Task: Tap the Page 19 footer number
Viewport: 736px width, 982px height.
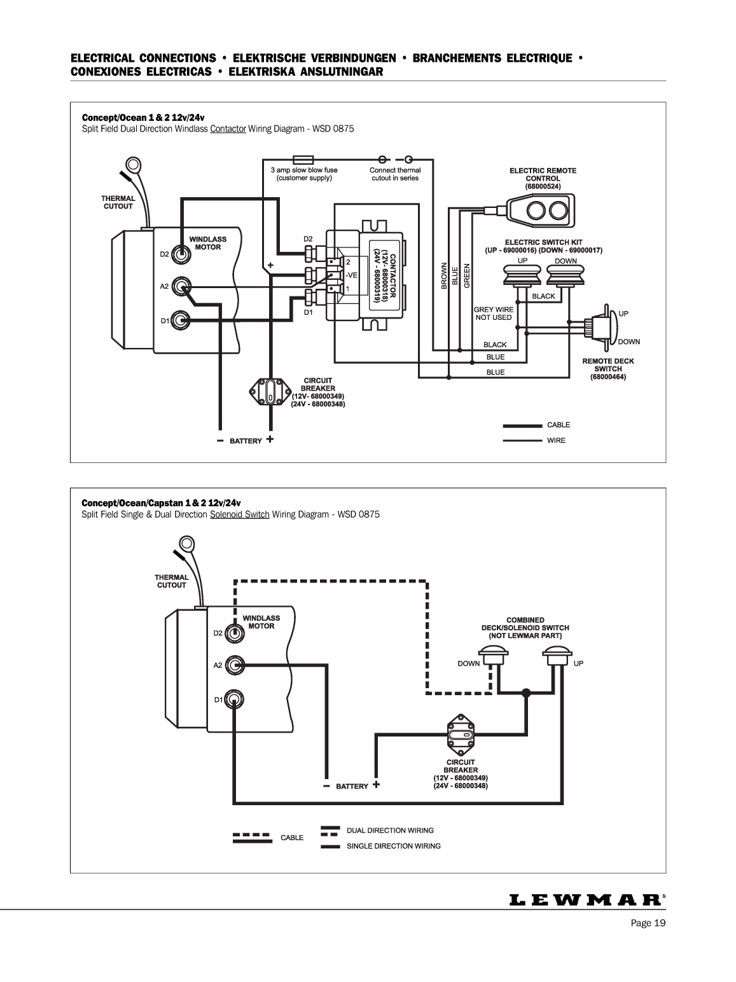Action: coord(648,923)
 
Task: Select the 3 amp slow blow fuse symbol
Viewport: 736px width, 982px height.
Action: coord(303,160)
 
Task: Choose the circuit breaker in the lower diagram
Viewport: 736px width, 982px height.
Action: coord(461,735)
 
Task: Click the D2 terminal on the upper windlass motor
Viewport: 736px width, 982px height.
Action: coord(181,254)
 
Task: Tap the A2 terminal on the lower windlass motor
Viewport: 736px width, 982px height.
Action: coord(235,665)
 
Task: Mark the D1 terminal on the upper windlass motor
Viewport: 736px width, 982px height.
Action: coord(181,321)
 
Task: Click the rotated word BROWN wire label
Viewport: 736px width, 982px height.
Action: coord(444,275)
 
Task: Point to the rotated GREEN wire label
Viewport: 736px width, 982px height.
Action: coord(467,275)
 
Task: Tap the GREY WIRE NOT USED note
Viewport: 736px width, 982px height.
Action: coord(494,313)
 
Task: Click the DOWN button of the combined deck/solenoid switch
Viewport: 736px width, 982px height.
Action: coord(494,655)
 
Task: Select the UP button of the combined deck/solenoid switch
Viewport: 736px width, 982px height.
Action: coord(557,655)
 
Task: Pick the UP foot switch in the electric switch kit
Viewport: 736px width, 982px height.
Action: coord(522,275)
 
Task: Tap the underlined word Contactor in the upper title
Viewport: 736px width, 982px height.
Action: coord(228,129)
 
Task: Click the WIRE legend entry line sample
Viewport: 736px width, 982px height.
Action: coord(522,441)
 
